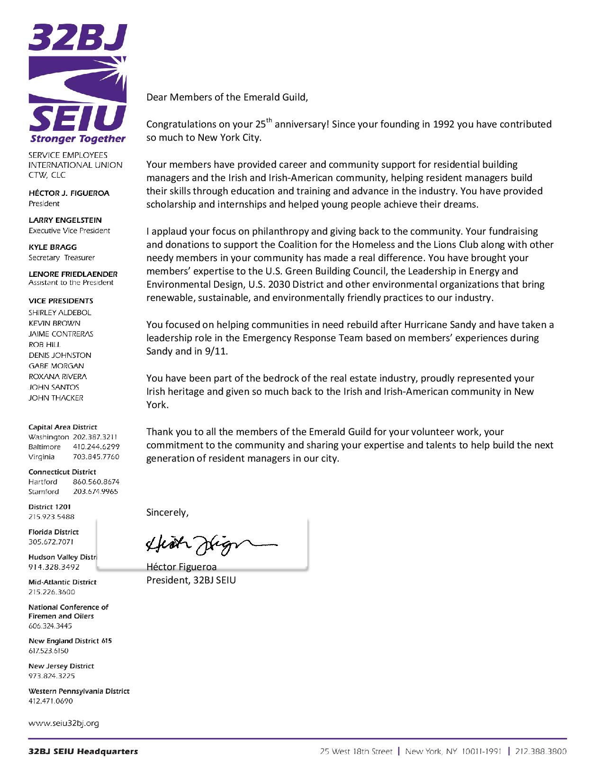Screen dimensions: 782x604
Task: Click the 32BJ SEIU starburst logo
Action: tap(78, 79)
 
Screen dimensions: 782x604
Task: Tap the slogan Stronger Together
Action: tap(78, 139)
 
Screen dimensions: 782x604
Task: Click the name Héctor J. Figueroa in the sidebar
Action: tap(69, 193)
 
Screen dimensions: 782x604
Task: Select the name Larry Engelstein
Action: tap(65, 220)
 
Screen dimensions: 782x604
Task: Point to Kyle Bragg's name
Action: tap(52, 247)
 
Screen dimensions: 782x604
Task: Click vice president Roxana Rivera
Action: tap(57, 376)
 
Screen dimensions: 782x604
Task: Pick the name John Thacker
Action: tap(55, 398)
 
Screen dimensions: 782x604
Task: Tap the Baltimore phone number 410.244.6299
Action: tap(96, 446)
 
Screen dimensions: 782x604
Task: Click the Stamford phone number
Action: tap(95, 491)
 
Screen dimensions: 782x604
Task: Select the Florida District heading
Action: tap(54, 532)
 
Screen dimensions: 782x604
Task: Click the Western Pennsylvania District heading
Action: tap(79, 691)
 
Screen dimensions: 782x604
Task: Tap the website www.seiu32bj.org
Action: tap(63, 723)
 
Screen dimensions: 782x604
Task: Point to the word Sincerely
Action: tap(167, 512)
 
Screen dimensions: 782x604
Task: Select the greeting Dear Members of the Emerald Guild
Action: tap(227, 97)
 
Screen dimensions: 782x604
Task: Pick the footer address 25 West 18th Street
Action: tap(356, 751)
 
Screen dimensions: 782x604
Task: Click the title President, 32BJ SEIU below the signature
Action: tap(191, 580)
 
